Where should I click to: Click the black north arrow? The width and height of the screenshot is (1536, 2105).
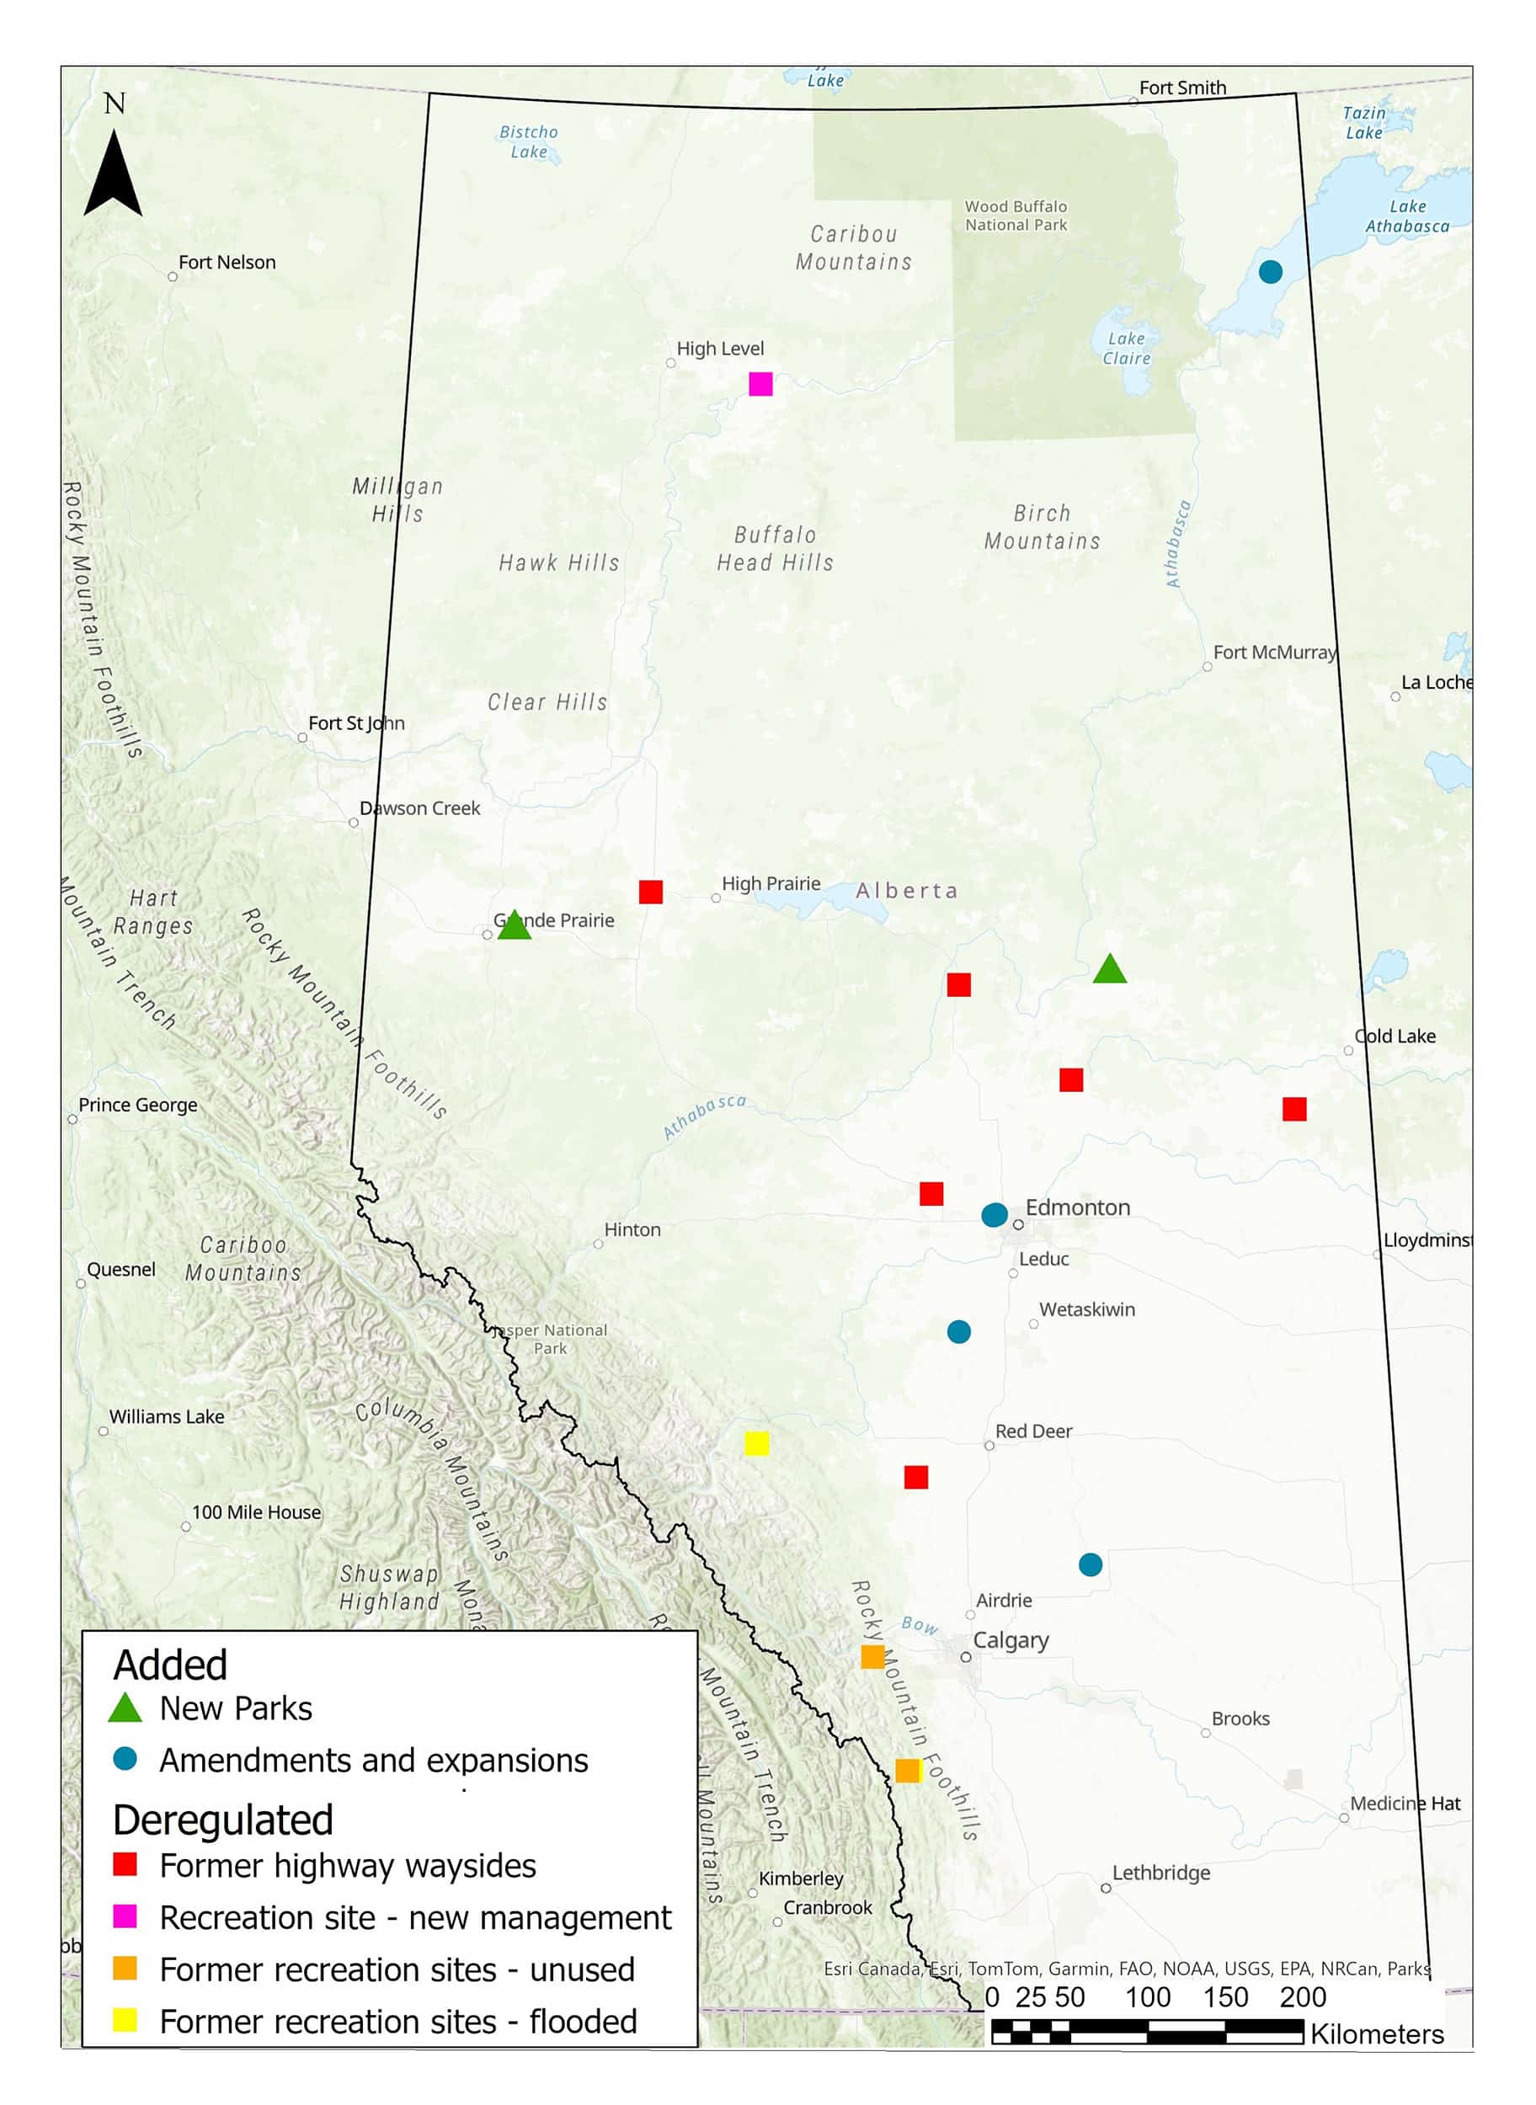click(x=113, y=173)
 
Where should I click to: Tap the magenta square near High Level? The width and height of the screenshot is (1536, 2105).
click(x=760, y=383)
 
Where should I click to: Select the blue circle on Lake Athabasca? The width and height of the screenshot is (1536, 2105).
click(x=1269, y=271)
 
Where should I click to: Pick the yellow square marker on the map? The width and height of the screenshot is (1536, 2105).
click(x=756, y=1443)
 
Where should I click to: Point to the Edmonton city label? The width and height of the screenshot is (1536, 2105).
click(x=1077, y=1207)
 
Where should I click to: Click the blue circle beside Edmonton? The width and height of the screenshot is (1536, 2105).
click(x=993, y=1214)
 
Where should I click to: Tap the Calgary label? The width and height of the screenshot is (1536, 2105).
click(x=1010, y=1640)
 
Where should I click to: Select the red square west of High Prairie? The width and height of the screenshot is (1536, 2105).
click(x=650, y=892)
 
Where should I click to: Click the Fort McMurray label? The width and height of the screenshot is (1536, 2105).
click(x=1274, y=652)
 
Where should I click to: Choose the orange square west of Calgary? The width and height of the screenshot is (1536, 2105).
click(x=872, y=1656)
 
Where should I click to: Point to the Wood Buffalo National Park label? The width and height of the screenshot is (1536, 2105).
click(x=1016, y=216)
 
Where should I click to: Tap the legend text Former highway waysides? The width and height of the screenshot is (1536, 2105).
click(x=347, y=1866)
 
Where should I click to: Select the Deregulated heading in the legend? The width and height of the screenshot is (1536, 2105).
click(x=222, y=1820)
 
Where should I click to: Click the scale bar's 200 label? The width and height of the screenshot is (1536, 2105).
click(x=1302, y=1996)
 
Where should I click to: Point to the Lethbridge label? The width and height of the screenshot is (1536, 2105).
click(x=1160, y=1873)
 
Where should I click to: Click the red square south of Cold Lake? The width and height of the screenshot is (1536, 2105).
click(x=1293, y=1108)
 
